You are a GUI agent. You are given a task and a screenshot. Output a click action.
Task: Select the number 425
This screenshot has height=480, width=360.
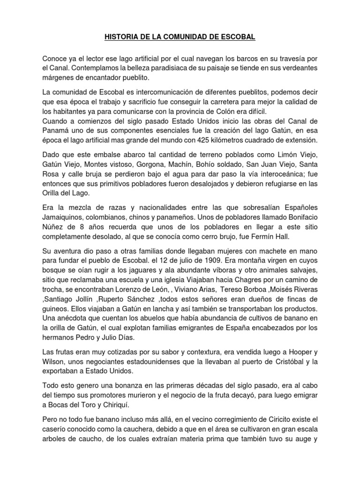click(206, 140)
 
